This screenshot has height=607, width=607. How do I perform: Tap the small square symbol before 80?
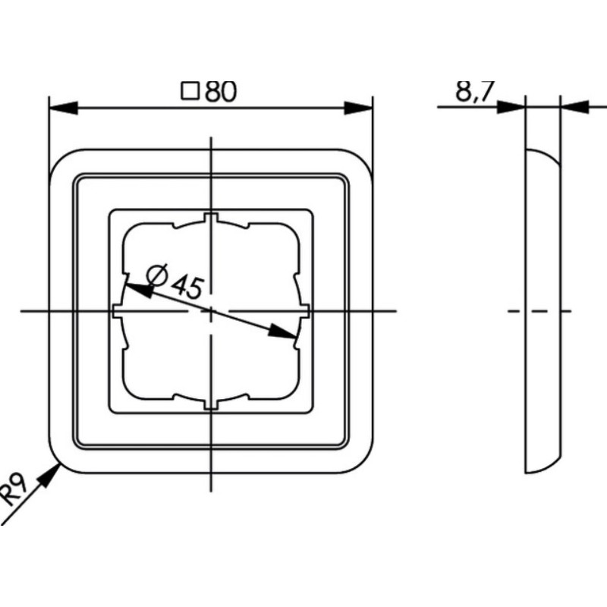tap(190, 92)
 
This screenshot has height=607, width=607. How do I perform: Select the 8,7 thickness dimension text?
tap(474, 92)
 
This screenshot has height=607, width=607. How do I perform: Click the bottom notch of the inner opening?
tap(211, 402)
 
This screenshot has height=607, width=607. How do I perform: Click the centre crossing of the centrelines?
tap(211, 311)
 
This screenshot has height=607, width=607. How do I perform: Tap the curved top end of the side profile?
tap(542, 156)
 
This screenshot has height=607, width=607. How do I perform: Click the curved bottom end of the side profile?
tap(542, 464)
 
